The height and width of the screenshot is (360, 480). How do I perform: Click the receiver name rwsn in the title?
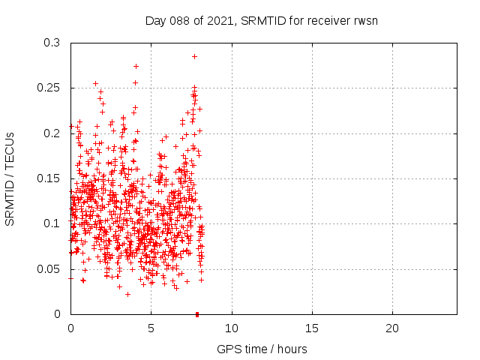click(364, 20)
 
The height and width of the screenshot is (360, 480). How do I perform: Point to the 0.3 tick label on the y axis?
click(52, 43)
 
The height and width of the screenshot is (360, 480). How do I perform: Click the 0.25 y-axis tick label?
click(49, 88)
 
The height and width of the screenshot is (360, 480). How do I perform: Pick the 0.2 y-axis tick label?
click(52, 133)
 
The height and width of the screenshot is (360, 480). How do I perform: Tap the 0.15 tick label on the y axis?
click(49, 178)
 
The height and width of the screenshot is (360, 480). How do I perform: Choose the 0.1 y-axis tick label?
click(52, 223)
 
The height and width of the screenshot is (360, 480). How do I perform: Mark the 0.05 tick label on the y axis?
click(49, 268)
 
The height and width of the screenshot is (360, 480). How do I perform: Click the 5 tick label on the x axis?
click(151, 328)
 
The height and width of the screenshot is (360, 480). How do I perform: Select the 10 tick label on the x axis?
click(232, 328)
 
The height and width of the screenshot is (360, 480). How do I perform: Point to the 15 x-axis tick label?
click(312, 328)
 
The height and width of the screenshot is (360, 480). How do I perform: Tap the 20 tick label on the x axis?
click(392, 328)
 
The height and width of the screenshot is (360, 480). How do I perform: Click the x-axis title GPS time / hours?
click(262, 349)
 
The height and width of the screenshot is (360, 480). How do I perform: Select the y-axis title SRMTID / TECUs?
click(10, 178)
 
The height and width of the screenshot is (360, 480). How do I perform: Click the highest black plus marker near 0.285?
click(194, 56)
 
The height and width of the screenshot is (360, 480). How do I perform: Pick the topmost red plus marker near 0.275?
click(136, 66)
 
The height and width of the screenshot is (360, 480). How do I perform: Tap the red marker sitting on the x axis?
click(197, 313)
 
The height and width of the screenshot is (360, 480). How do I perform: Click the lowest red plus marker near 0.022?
click(128, 294)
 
